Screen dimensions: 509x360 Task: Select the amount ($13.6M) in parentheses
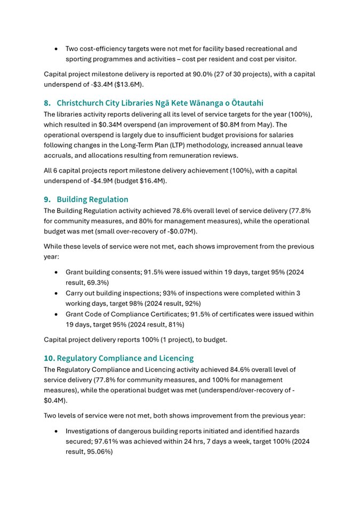pos(131,84)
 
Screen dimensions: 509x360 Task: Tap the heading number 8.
pos(47,103)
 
